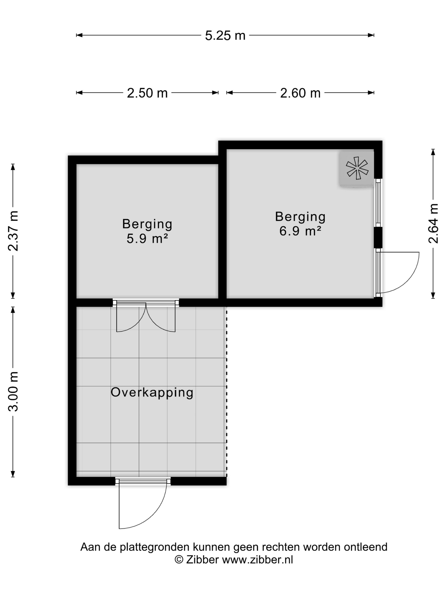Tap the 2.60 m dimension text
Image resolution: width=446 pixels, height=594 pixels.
tap(300, 93)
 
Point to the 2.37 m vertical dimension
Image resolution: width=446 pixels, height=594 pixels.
tap(13, 231)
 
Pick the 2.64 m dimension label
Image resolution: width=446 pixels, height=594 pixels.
tap(433, 223)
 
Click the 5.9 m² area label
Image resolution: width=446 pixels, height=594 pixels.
tap(147, 238)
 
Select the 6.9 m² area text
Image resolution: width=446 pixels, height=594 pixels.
tap(300, 231)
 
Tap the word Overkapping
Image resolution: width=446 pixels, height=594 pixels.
tap(152, 392)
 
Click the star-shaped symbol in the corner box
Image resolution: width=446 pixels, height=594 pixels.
tap(357, 168)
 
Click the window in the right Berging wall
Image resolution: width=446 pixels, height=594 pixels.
tap(378, 203)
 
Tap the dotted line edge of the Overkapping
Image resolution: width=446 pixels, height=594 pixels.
tap(226, 392)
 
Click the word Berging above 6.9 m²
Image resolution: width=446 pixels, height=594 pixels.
tap(300, 217)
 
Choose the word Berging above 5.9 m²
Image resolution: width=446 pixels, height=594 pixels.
tap(147, 224)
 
